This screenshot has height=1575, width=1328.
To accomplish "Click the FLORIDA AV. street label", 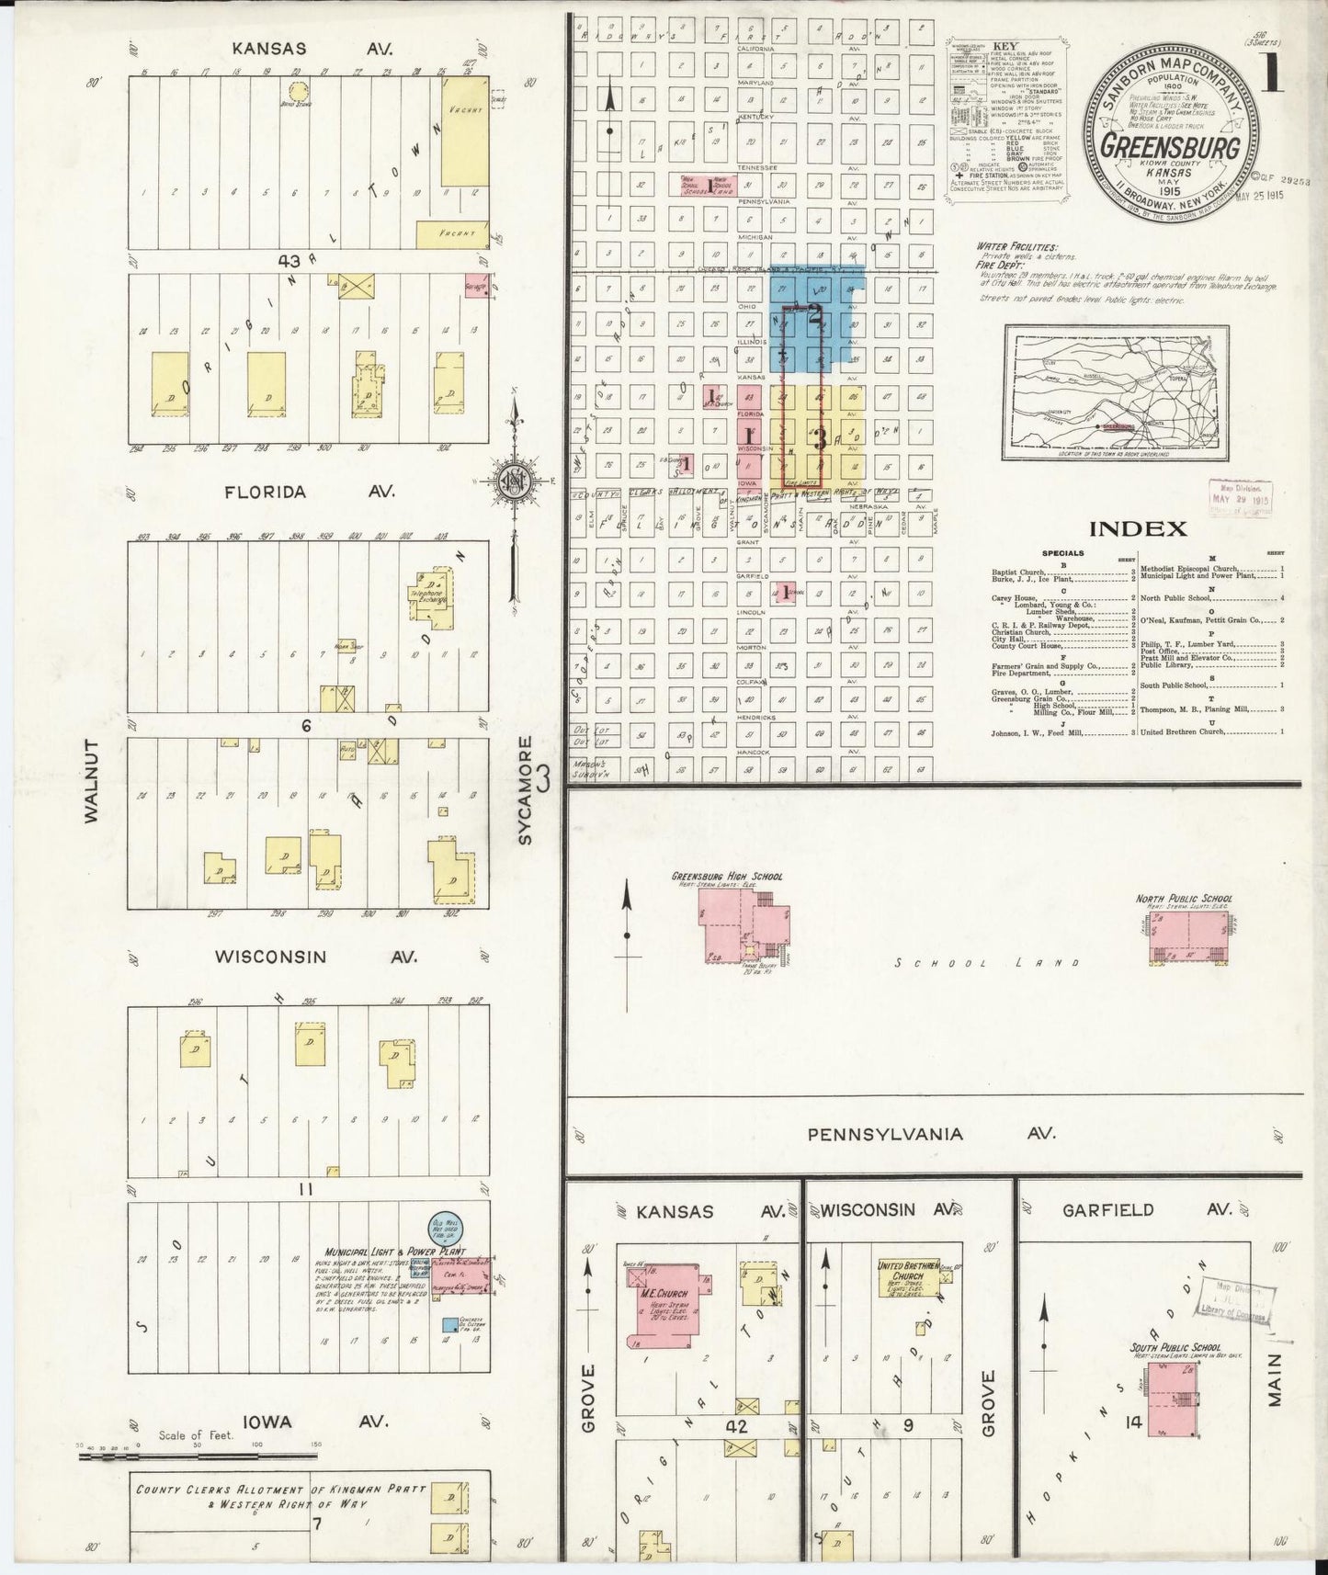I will coord(307,493).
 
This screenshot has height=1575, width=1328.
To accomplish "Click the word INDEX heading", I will coord(1137,528).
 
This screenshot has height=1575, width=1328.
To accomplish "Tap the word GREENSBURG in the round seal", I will coord(1171,148).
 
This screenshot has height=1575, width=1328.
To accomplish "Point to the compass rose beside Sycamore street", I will coord(514,481).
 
